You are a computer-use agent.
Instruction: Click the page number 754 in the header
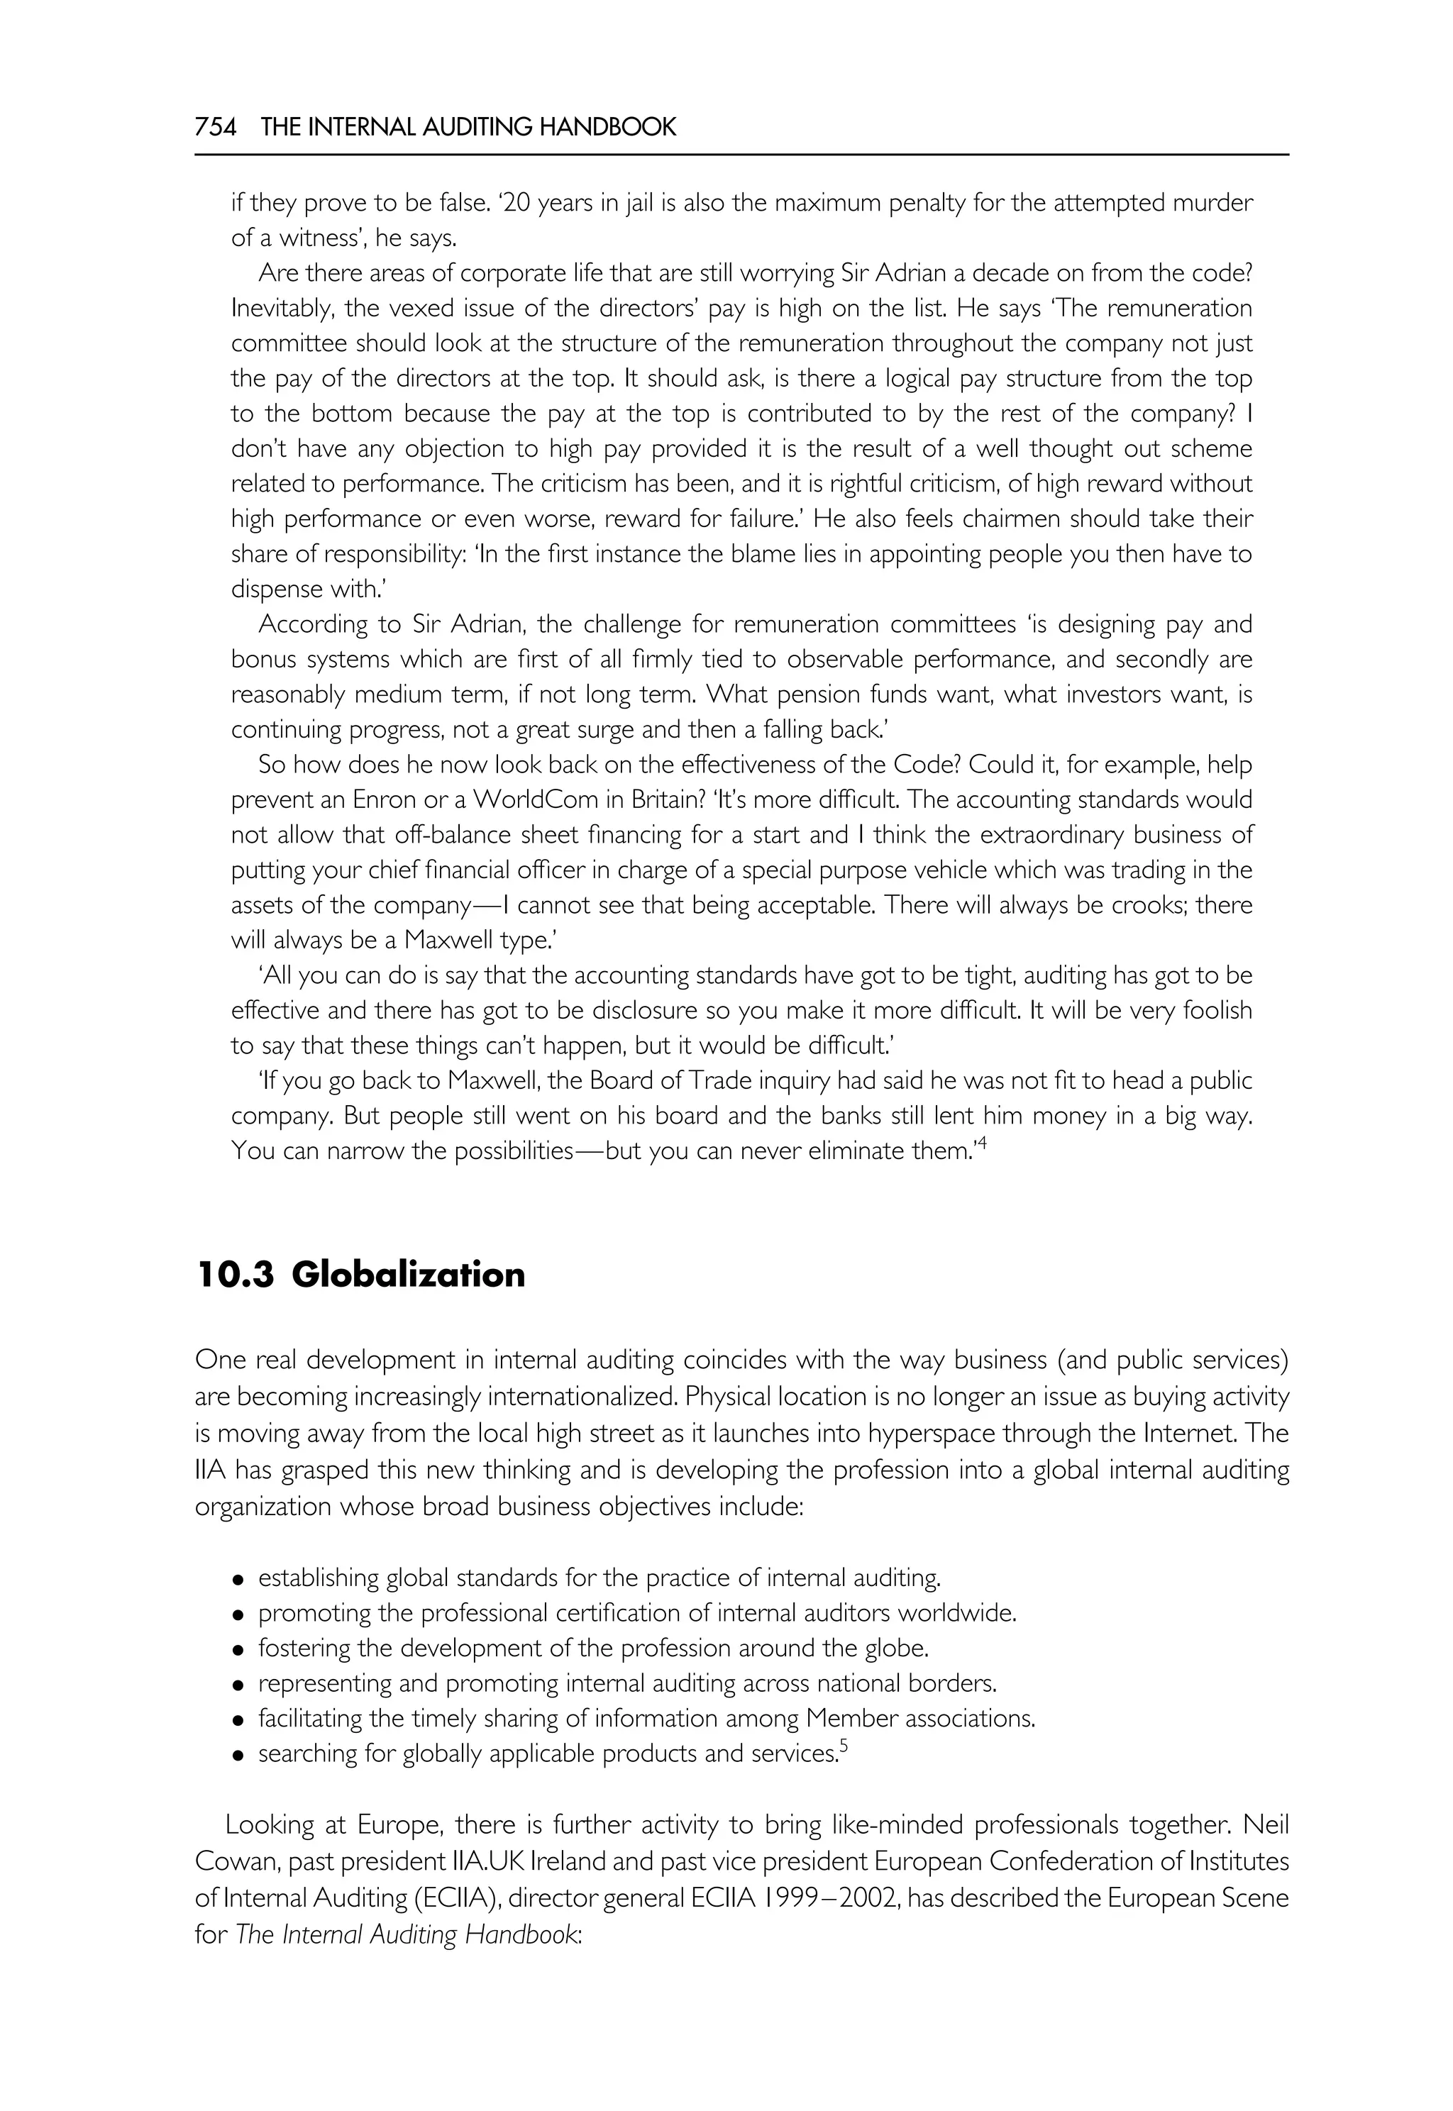click(x=215, y=128)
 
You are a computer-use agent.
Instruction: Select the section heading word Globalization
click(x=408, y=1275)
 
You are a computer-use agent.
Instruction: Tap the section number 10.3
click(x=235, y=1275)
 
